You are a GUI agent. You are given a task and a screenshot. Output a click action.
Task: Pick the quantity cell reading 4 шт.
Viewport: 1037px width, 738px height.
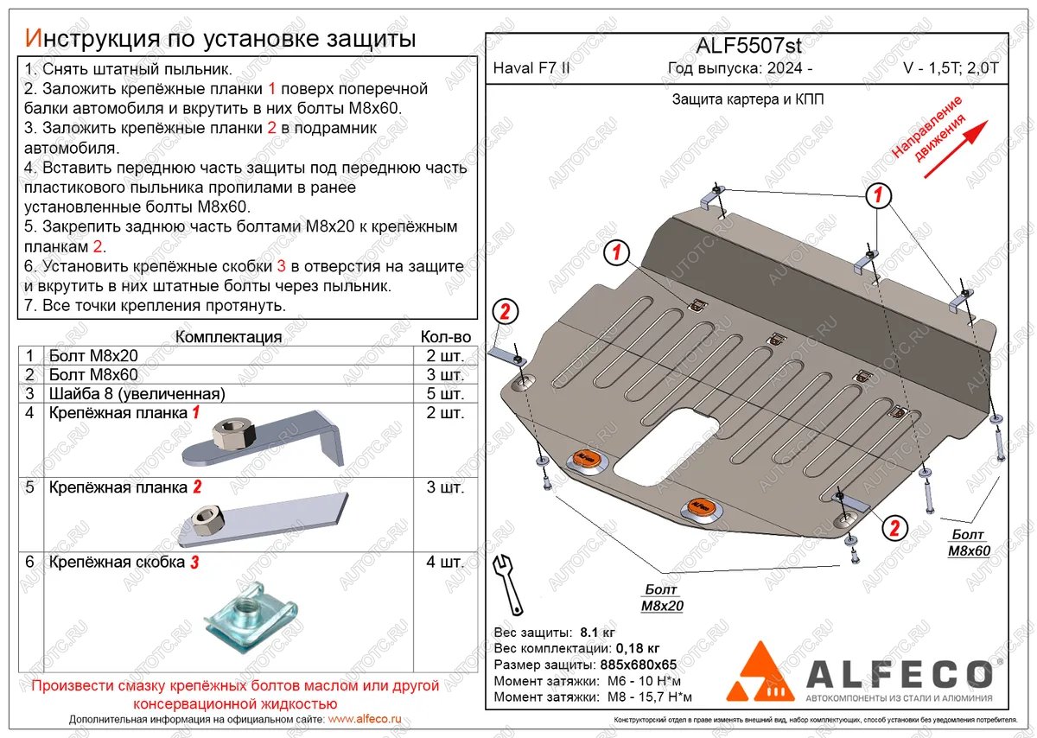(445, 562)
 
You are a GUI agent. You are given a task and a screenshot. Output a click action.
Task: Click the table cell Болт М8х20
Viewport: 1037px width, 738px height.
(93, 355)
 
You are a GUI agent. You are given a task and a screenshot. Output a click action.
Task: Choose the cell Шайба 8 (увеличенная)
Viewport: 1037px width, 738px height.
(137, 394)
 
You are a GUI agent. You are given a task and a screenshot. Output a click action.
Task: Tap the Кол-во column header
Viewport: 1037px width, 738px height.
(445, 336)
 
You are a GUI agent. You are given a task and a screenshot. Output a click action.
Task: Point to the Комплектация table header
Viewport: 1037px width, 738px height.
(228, 336)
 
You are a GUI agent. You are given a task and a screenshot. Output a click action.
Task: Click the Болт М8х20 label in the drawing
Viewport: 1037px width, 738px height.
(662, 597)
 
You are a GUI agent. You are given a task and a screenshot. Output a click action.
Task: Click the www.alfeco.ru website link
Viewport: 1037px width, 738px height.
(365, 718)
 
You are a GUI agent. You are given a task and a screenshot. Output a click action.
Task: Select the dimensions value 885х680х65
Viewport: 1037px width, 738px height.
(637, 665)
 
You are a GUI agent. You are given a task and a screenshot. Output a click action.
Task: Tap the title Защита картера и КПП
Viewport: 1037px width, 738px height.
(748, 99)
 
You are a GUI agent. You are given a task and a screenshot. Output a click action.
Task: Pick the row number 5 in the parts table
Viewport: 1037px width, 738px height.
(29, 487)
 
